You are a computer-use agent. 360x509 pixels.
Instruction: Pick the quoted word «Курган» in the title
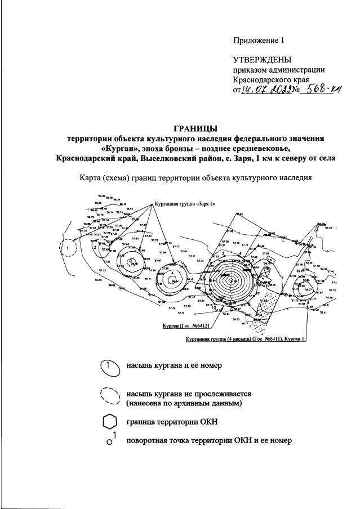pos(123,148)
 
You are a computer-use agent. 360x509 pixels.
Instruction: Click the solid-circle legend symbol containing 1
pos(109,367)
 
